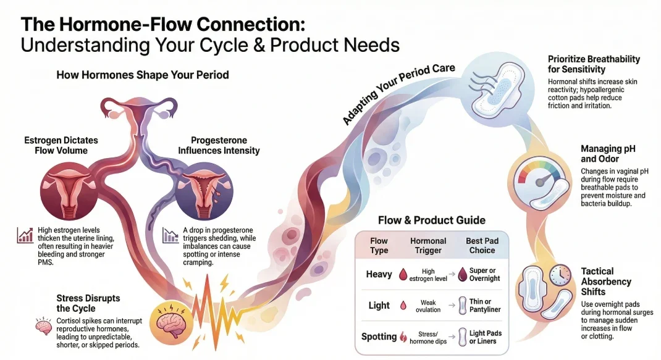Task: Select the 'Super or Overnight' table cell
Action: (x=484, y=274)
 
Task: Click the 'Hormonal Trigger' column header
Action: (x=429, y=245)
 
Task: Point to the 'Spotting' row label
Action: (x=379, y=337)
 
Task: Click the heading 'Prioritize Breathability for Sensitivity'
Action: (x=594, y=64)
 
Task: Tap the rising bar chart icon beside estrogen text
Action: (x=25, y=235)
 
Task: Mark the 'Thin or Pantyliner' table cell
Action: (x=485, y=305)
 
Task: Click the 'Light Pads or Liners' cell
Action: (x=484, y=337)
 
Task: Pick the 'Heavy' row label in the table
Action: (x=378, y=274)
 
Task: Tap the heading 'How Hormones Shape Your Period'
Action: (x=143, y=75)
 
